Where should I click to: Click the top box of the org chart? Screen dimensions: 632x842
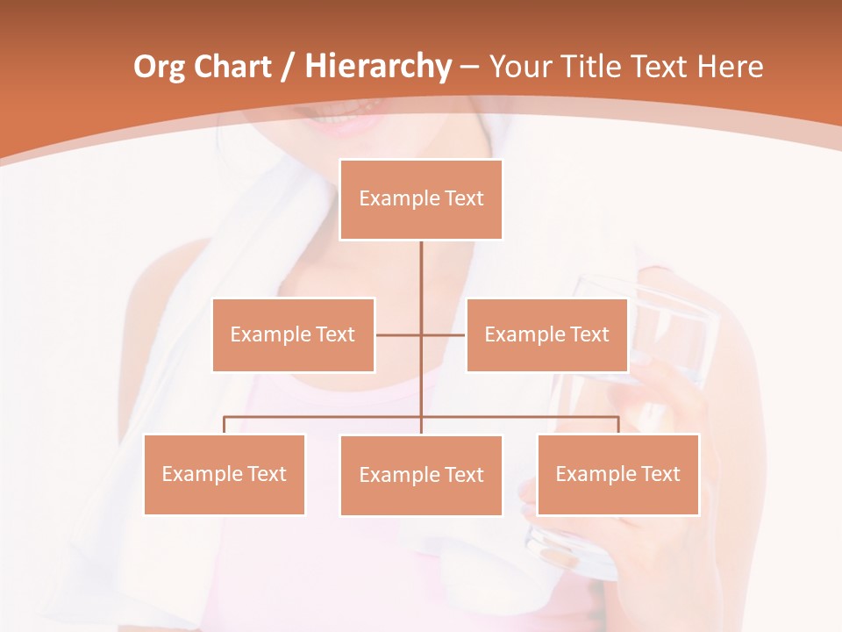[x=421, y=199]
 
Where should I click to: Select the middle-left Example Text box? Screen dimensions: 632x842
[x=293, y=334]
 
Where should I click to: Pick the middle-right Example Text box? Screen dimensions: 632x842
[x=546, y=334]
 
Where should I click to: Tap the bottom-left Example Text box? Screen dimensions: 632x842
[x=224, y=474]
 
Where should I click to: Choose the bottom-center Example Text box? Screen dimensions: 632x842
[x=421, y=475]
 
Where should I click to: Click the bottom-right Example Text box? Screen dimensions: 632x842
[x=617, y=474]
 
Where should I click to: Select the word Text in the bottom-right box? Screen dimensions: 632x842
[x=660, y=474]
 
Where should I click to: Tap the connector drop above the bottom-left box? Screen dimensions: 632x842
[x=224, y=425]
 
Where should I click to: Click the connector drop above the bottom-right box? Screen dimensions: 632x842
[x=617, y=425]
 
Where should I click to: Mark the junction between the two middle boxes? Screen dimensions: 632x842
[x=421, y=334]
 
